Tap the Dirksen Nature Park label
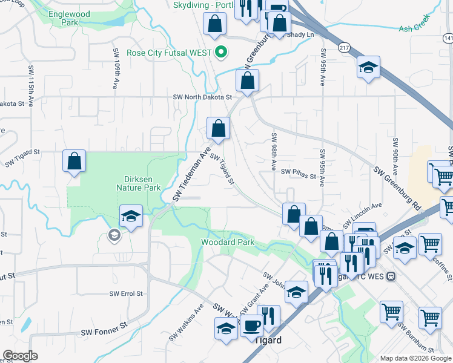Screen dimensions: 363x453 [138, 183]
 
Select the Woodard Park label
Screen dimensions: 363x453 [227, 243]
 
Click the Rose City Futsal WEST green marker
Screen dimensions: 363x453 [221, 52]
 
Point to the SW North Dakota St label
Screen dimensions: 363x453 [202, 97]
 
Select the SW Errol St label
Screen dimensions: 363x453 [126, 293]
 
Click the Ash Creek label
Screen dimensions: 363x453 [415, 28]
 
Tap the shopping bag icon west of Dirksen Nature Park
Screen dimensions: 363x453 [74, 162]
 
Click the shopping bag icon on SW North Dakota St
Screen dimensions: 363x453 [247, 80]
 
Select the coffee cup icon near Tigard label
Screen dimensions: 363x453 [251, 325]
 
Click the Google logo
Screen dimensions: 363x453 [21, 355]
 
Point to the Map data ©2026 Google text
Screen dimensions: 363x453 [415, 358]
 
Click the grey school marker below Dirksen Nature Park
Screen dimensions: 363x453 [113, 236]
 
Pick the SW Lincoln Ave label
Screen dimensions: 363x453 [362, 216]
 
